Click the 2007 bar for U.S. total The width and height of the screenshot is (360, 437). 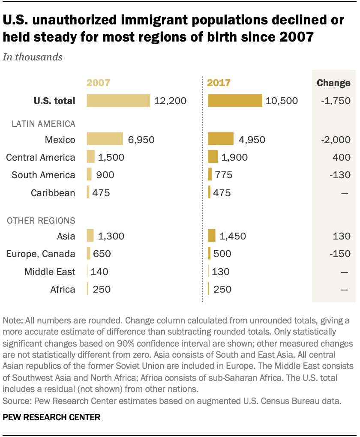(x=118, y=101)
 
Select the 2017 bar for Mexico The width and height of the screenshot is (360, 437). (x=221, y=139)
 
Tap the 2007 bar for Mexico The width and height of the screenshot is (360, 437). (x=105, y=139)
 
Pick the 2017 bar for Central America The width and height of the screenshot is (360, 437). (x=213, y=157)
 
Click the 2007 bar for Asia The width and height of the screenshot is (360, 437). (x=90, y=236)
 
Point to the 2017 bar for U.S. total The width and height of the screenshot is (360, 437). (x=235, y=101)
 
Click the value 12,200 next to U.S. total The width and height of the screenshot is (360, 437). (x=171, y=101)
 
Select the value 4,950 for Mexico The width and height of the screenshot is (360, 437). (x=252, y=140)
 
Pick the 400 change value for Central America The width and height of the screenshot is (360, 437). (x=342, y=157)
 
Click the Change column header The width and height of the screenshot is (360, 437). (x=333, y=83)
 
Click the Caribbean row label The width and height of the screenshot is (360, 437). (x=53, y=193)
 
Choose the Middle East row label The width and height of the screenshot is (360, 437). (x=50, y=272)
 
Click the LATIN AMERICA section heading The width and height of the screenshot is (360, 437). (x=43, y=124)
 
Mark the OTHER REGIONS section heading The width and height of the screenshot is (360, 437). (x=41, y=221)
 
